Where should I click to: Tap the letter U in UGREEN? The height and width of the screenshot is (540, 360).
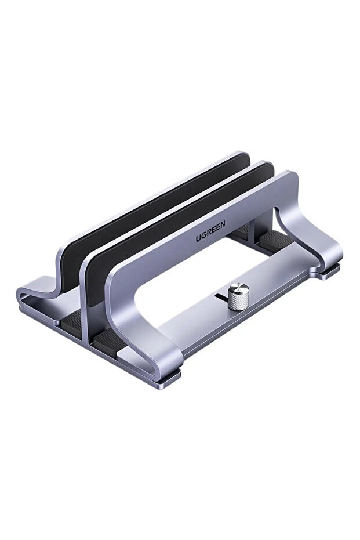(x=198, y=238)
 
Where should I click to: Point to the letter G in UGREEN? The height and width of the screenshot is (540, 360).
(x=203, y=235)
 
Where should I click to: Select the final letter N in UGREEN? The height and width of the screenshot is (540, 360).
(x=223, y=225)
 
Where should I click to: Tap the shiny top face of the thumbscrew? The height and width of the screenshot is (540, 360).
(x=239, y=288)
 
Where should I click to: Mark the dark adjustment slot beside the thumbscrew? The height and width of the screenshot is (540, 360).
(x=220, y=296)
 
